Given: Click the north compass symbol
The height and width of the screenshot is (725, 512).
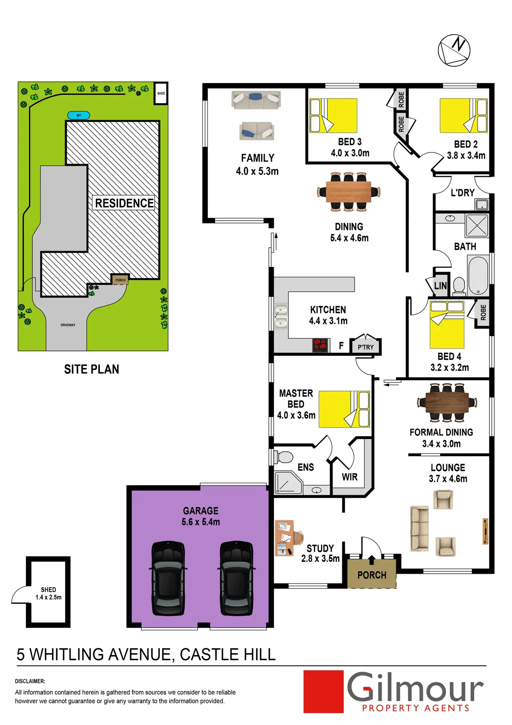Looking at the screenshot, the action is tap(454, 50).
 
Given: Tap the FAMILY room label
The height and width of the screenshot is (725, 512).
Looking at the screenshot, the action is tap(258, 158).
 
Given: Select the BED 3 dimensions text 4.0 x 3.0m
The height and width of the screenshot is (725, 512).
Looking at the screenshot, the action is tap(350, 153).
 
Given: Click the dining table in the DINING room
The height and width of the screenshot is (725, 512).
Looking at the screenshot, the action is tap(348, 192).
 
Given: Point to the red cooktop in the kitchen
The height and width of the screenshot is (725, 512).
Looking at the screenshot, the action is tap(320, 345).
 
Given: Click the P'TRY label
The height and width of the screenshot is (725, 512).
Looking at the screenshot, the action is tap(365, 347).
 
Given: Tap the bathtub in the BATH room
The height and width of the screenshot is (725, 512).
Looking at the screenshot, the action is tap(479, 275).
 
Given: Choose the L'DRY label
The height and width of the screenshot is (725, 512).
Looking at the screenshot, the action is tap(462, 193).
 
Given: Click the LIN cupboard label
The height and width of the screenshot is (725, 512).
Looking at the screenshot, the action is tap(440, 286).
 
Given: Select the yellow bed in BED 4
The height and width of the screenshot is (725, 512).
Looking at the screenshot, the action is tap(447, 325).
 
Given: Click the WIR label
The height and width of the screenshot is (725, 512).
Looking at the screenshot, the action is tap(350, 477).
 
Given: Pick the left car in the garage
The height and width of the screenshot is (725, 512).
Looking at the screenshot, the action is tap(168, 578).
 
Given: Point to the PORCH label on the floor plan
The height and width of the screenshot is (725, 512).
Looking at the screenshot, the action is tap(372, 575).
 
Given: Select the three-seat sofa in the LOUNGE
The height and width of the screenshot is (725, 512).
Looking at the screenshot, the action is tap(420, 528).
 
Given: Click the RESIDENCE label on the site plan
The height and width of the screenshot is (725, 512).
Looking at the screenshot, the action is tap(124, 203).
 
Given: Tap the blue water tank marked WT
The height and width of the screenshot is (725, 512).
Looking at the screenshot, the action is tap(78, 115).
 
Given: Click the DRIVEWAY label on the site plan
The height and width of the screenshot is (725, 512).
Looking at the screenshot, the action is tap(68, 325).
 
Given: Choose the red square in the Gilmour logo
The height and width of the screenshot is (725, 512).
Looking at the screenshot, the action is tap(323, 692).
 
